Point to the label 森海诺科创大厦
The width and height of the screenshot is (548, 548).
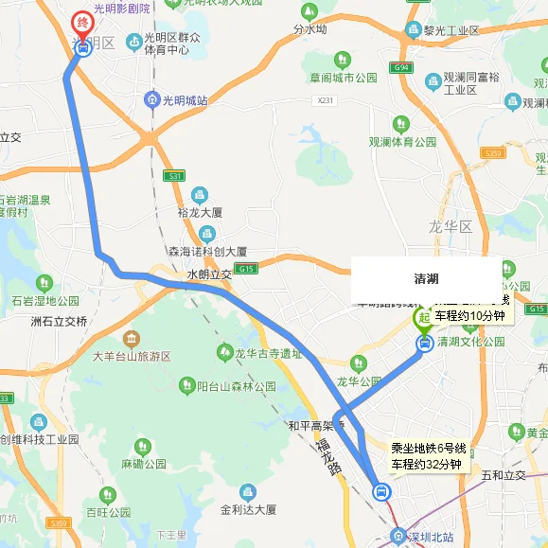tap(206, 252)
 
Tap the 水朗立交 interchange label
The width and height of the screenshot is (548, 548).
tap(209, 274)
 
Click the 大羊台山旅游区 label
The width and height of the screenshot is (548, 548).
tap(132, 357)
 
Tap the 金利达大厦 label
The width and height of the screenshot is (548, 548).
tap(248, 509)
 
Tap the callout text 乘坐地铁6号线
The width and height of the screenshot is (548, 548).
tap(429, 448)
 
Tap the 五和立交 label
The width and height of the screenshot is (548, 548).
tap(504, 474)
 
